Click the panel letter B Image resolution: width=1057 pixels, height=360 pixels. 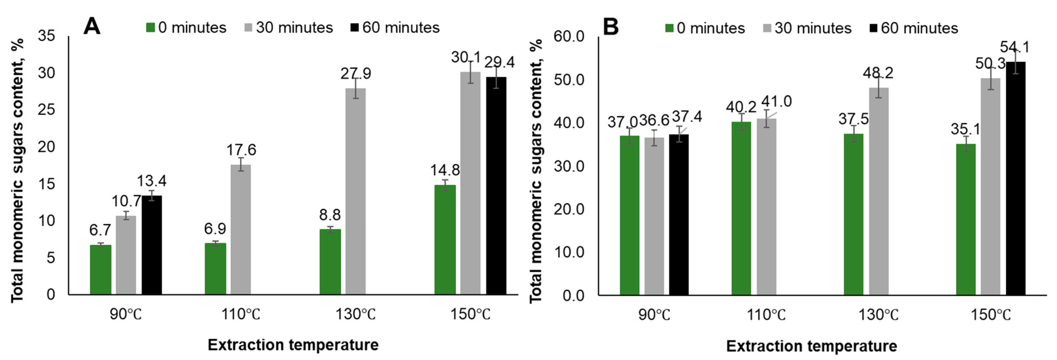(x=611, y=27)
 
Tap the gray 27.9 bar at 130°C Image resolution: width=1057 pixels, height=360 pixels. (x=355, y=191)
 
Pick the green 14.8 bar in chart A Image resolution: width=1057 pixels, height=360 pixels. (x=445, y=240)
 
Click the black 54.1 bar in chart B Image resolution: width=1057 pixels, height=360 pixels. (x=1015, y=178)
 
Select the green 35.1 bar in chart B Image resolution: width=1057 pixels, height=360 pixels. (x=966, y=219)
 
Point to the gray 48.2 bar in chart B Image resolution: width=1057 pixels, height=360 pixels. (x=879, y=191)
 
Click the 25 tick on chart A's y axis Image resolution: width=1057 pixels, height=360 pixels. (x=46, y=110)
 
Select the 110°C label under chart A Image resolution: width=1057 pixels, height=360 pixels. (x=240, y=314)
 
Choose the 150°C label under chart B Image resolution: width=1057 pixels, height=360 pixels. (x=990, y=315)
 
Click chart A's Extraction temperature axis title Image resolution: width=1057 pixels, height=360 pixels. (x=293, y=345)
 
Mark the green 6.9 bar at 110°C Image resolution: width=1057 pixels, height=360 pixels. (x=215, y=269)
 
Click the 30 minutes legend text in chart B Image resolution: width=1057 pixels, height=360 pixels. (x=813, y=28)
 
